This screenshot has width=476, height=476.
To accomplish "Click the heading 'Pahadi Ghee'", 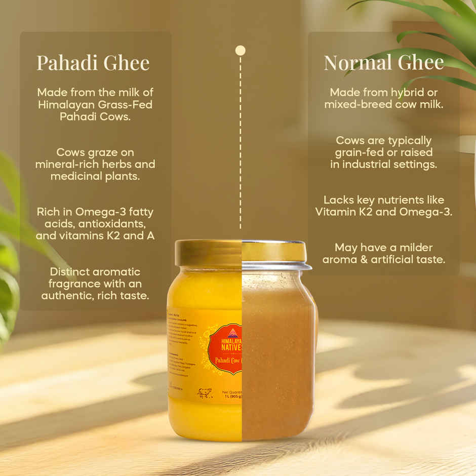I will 93,63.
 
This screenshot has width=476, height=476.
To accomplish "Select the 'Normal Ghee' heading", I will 383,62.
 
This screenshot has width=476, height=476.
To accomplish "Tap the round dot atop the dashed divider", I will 241,50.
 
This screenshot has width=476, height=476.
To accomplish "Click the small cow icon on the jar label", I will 205,393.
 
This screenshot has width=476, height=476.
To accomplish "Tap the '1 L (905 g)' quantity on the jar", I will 232,397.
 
